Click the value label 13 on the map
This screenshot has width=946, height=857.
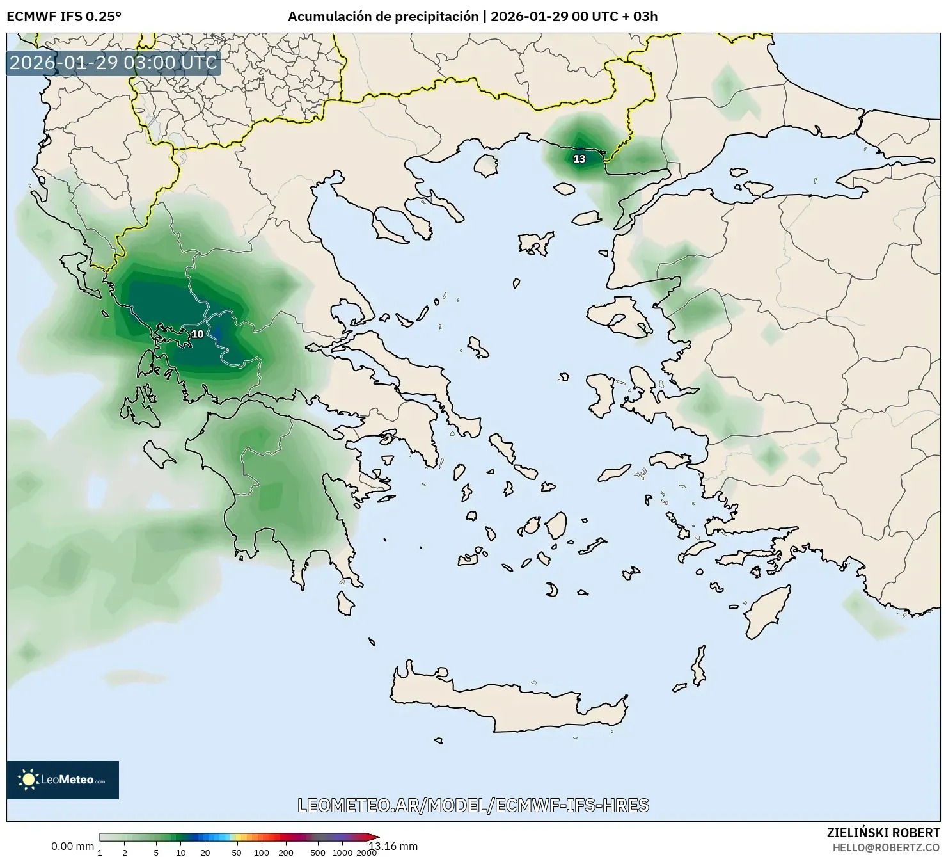579,159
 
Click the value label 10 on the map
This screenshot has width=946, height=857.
198,334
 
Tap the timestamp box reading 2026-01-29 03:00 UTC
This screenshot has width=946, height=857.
113,63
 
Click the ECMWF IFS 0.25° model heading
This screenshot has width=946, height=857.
64,17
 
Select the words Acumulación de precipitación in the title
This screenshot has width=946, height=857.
382,17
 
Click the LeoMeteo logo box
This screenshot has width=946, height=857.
63,780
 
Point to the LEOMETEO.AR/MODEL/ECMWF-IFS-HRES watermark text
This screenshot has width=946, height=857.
473,805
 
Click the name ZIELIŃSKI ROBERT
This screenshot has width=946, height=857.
883,833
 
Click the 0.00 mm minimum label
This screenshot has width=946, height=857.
72,846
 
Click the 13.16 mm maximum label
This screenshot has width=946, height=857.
394,846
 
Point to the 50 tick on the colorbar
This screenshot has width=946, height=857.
237,852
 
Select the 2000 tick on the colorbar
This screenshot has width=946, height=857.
367,852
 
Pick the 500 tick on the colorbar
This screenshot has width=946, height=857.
317,852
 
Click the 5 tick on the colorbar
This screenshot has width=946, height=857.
156,852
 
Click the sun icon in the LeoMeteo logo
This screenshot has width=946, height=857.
28,780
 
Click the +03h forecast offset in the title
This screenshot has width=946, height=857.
645,17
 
